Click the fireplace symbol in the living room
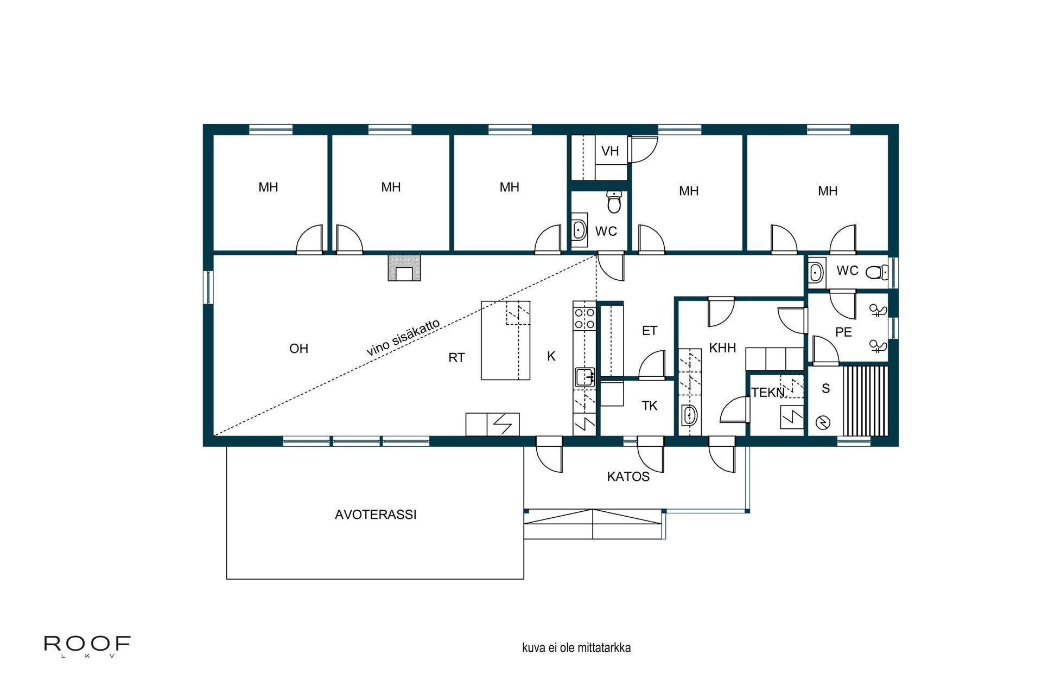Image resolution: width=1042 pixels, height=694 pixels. pos(404,268)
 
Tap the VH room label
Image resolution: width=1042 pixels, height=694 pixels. pos(610,151)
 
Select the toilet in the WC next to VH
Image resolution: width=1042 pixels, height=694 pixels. pos(614,202)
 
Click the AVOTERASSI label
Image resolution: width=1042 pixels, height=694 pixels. pos(376,515)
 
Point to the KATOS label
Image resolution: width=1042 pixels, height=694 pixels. pos(628,477)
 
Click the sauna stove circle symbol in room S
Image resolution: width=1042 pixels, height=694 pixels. pos(823,422)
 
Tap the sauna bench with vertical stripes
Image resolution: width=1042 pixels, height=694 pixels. pos(866,401)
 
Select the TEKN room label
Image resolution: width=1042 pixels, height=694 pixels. pos(767,392)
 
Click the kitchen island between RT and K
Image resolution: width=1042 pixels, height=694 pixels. pos(505,340)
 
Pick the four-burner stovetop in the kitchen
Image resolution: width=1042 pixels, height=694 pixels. pos(584,318)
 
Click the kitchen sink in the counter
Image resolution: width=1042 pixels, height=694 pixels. pos(584,377)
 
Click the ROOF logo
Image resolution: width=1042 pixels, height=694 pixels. pos(87,645)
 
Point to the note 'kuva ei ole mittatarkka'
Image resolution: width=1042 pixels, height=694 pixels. pos(576,648)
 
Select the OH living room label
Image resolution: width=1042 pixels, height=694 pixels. pos(298,349)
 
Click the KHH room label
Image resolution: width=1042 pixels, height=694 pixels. pos(722,348)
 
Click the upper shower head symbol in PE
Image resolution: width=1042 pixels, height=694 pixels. pos(878,310)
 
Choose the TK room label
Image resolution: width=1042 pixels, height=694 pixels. pos(649,406)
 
